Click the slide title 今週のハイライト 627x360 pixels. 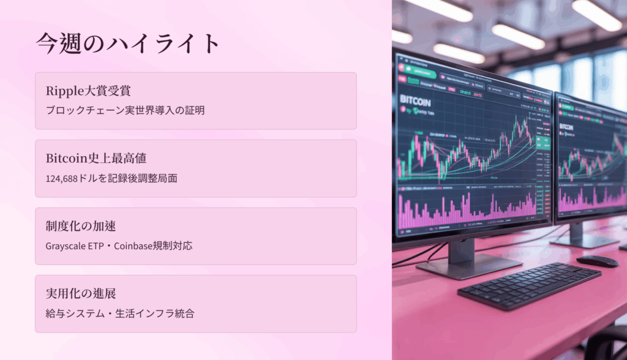coord(127,43)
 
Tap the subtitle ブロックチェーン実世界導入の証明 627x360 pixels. coord(125,111)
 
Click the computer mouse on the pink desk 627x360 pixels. coord(597,261)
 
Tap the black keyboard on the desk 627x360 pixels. coord(529,285)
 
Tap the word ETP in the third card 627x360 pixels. coord(99,246)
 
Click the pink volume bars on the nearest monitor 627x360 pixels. coord(465,211)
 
